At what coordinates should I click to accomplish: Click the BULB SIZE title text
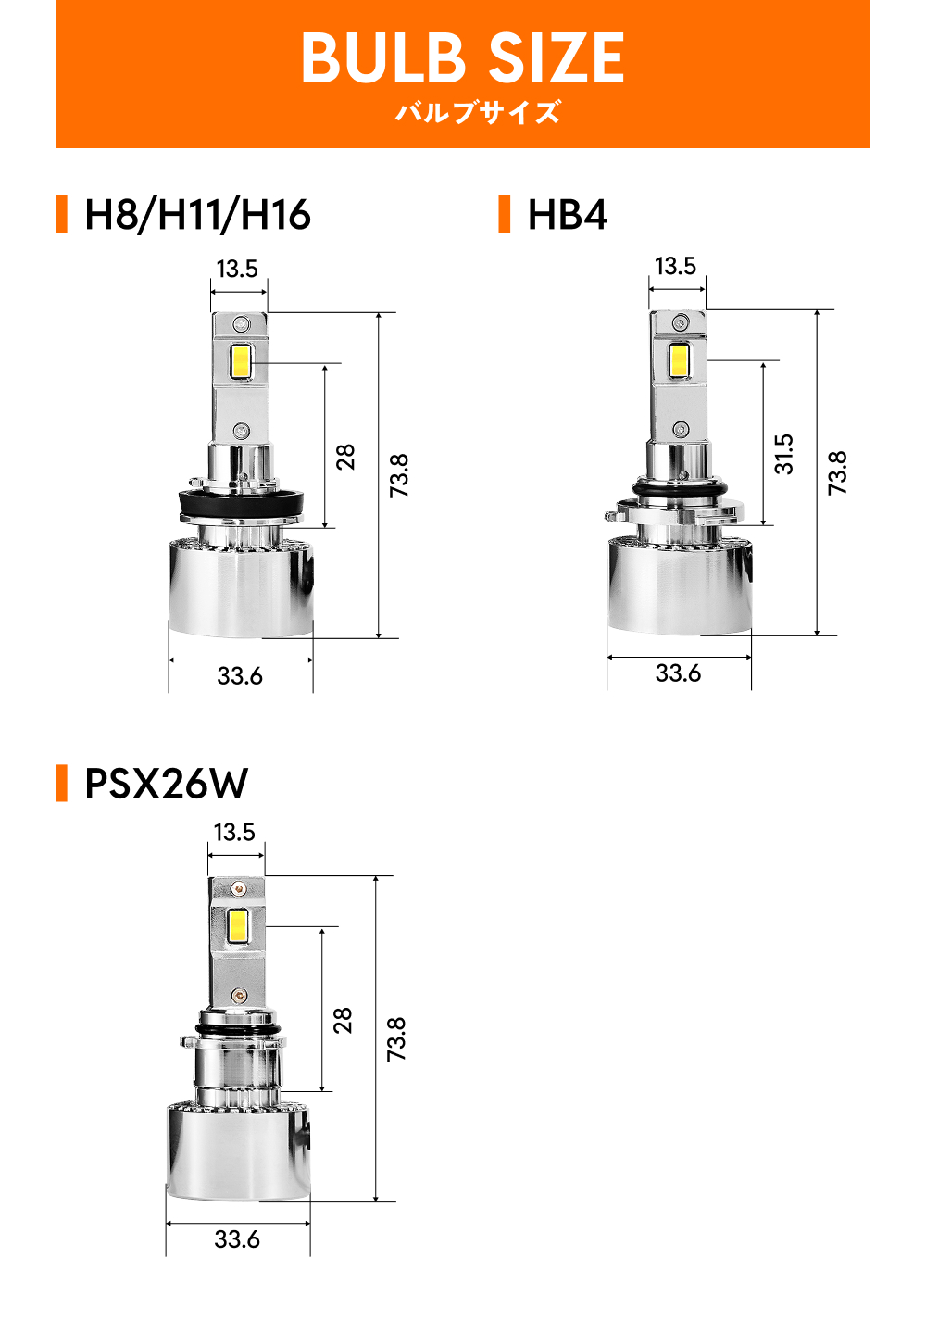click(x=462, y=58)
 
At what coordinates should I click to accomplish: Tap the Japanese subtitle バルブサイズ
click(x=477, y=112)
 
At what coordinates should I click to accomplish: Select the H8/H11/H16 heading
click(x=197, y=215)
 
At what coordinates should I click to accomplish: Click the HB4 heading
click(x=568, y=215)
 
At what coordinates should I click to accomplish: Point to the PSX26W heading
click(x=166, y=784)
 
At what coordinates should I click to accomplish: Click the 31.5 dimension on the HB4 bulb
click(x=784, y=454)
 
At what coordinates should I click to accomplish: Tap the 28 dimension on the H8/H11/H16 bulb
click(x=345, y=457)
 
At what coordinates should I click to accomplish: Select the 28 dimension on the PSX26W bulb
click(x=343, y=1021)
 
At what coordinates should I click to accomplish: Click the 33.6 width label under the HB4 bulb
click(x=678, y=673)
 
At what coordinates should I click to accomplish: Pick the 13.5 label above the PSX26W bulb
click(x=234, y=832)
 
